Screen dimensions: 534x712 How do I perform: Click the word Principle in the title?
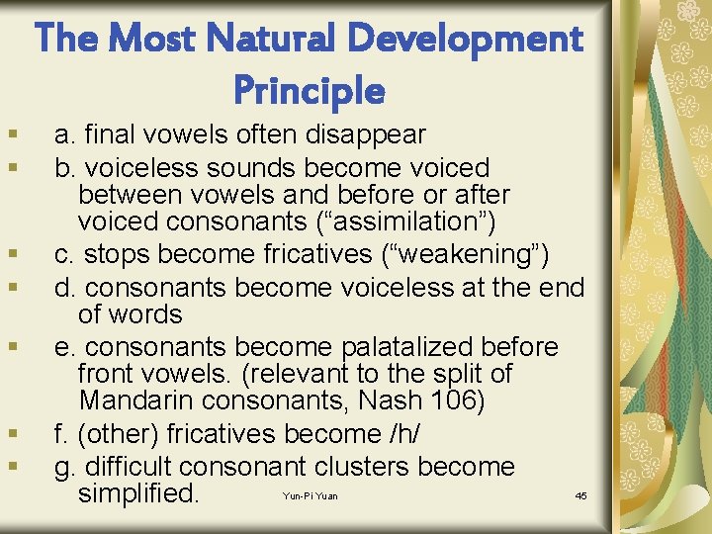click(309, 90)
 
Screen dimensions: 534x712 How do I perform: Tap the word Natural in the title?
click(291, 39)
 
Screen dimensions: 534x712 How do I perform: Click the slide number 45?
click(580, 495)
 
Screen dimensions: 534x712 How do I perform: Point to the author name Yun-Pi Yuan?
click(310, 495)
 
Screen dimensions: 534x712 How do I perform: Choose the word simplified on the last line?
click(138, 492)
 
